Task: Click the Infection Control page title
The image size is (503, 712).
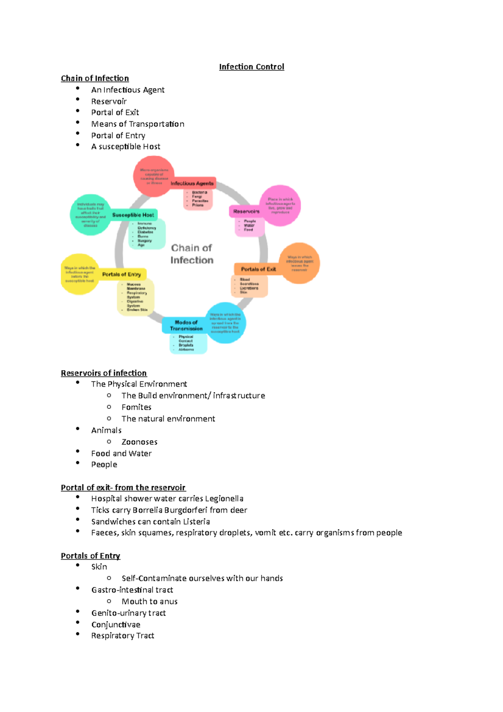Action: coord(251,67)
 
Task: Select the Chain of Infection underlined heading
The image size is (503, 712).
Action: coord(95,78)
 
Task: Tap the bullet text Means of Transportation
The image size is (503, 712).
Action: coord(137,124)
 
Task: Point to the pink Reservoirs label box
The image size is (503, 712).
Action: coord(246,211)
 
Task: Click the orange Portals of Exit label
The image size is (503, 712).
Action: coord(258,269)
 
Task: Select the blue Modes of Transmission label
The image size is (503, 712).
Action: coord(186,325)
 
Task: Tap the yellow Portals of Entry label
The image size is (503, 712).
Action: coord(122,274)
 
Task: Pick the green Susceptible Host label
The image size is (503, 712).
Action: coord(133,215)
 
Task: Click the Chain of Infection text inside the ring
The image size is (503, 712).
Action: coord(192,254)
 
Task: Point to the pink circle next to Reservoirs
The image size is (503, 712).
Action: coord(280,205)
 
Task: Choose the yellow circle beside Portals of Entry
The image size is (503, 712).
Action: coord(80,274)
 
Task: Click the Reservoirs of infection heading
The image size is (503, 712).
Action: coord(104,373)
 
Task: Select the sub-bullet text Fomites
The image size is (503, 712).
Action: coord(136,407)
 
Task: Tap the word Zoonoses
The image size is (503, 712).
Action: coord(139,442)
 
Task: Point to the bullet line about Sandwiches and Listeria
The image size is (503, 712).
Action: coord(150,522)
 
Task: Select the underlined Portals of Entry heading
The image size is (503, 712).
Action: coord(91,556)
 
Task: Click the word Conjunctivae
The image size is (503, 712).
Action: coord(116,625)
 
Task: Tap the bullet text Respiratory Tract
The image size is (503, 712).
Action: coord(122,636)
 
